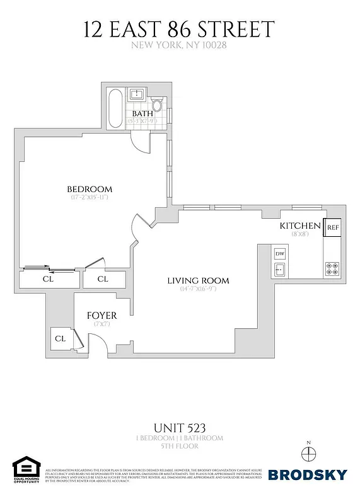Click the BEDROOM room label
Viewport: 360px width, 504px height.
[90, 189]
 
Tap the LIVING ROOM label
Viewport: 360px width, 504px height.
[197, 280]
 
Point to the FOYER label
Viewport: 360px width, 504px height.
[102, 315]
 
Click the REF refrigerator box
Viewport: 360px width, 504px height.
[333, 227]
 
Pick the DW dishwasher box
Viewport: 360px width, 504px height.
[280, 253]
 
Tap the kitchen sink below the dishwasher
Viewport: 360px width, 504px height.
[280, 270]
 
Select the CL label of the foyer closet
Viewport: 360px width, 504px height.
[60, 338]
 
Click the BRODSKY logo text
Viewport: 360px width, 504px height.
[307, 474]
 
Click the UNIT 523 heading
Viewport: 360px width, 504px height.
[180, 427]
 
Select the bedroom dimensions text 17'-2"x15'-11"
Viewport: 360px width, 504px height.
[90, 197]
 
